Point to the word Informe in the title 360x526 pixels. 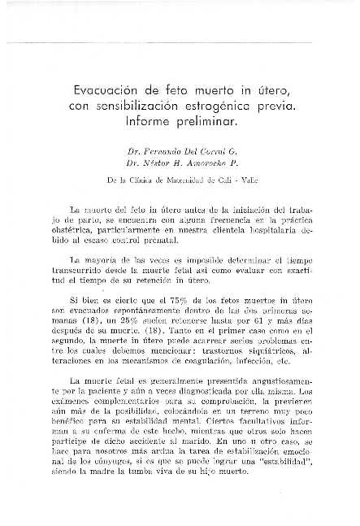[154, 124]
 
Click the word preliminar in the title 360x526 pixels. [209, 124]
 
